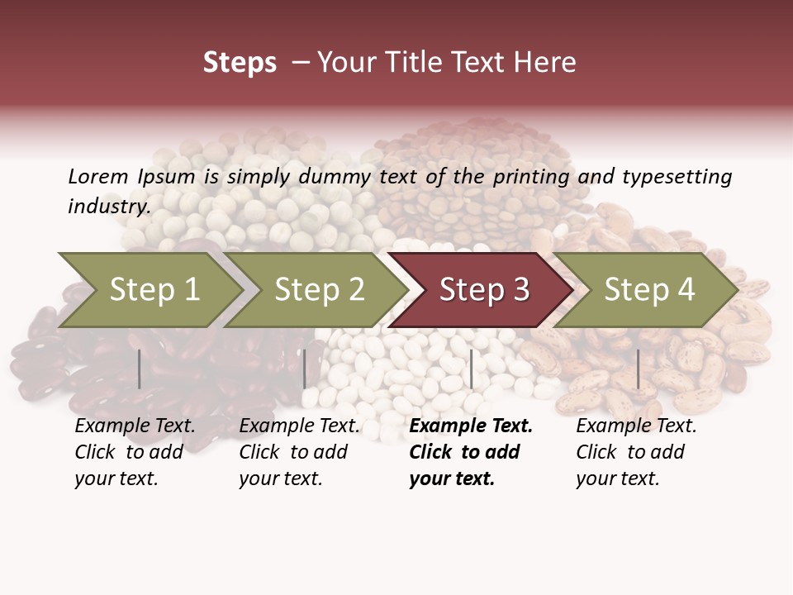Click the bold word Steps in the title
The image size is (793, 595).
tap(240, 63)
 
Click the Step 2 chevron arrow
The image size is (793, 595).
tap(318, 290)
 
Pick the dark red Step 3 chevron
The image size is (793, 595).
tap(483, 290)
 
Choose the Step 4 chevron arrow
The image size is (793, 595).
tap(648, 290)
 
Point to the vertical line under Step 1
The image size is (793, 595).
tap(140, 369)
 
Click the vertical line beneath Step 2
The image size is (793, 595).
tap(305, 369)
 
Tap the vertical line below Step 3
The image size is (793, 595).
tap(472, 369)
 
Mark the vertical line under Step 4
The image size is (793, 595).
tap(638, 369)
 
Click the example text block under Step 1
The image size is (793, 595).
tap(134, 452)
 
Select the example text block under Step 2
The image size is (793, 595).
tap(298, 452)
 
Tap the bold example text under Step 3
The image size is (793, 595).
tap(470, 452)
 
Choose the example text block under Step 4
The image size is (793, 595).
tap(635, 452)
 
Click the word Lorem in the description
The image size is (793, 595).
tap(97, 176)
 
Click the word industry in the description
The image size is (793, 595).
tap(108, 207)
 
